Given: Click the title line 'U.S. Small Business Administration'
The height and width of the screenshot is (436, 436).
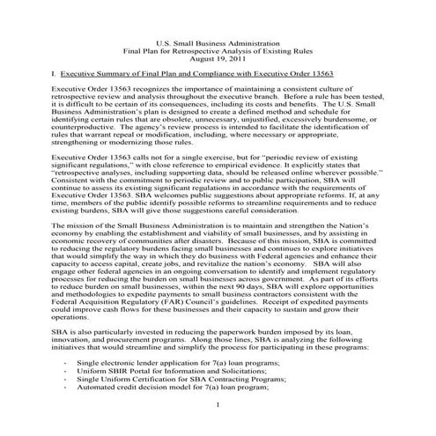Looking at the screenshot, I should pyautogui.click(x=218, y=41).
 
